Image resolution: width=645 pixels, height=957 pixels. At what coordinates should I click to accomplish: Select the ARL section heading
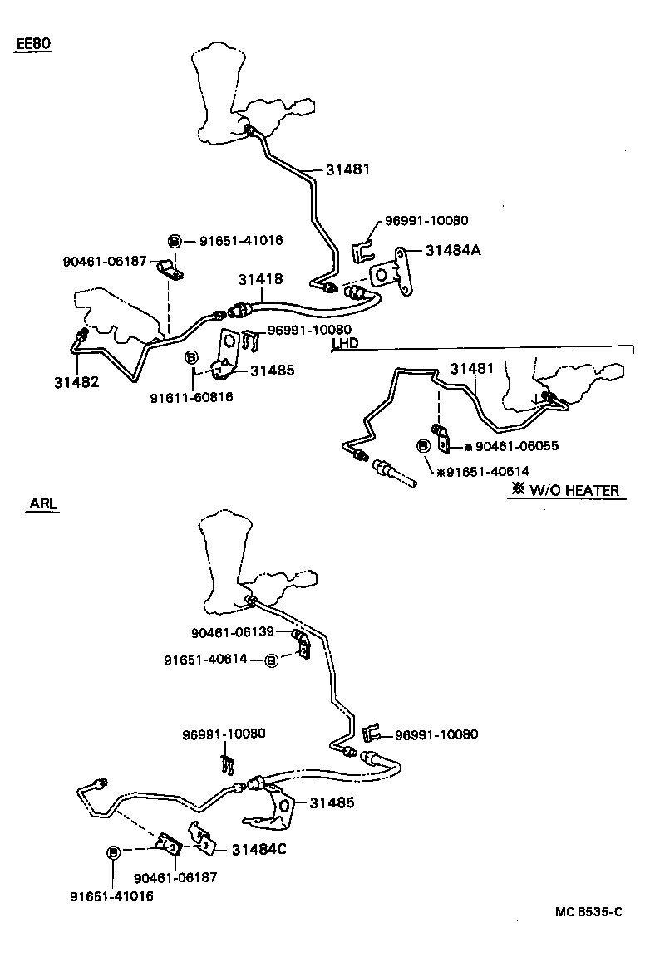pyautogui.click(x=43, y=504)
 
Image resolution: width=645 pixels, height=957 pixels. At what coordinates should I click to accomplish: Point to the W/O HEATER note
pyautogui.click(x=565, y=490)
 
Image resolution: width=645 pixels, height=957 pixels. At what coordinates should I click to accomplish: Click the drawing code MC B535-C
pyautogui.click(x=588, y=912)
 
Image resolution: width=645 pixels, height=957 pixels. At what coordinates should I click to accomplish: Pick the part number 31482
pyautogui.click(x=76, y=382)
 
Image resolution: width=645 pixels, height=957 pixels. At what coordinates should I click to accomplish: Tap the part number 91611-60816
pyautogui.click(x=191, y=397)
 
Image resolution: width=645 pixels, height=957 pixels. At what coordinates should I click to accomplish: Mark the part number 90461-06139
pyautogui.click(x=233, y=632)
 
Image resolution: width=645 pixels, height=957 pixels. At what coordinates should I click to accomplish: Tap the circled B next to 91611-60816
pyautogui.click(x=190, y=357)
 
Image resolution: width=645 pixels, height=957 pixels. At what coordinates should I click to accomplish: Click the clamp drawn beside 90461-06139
pyautogui.click(x=302, y=644)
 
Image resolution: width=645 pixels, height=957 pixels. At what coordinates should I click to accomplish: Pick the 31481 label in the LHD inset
pyautogui.click(x=472, y=368)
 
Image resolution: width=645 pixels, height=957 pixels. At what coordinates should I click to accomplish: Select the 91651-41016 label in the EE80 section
pyautogui.click(x=241, y=241)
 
